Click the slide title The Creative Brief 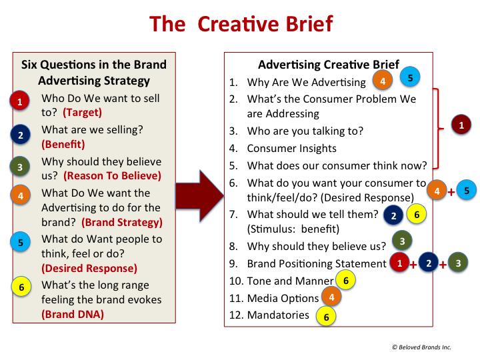(240, 24)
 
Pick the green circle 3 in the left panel (21, 167)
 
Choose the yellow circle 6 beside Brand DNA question (21, 287)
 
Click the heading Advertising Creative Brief (329, 65)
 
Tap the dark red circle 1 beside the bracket (461, 124)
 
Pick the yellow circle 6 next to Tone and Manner (345, 281)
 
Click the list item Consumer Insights (291, 149)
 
